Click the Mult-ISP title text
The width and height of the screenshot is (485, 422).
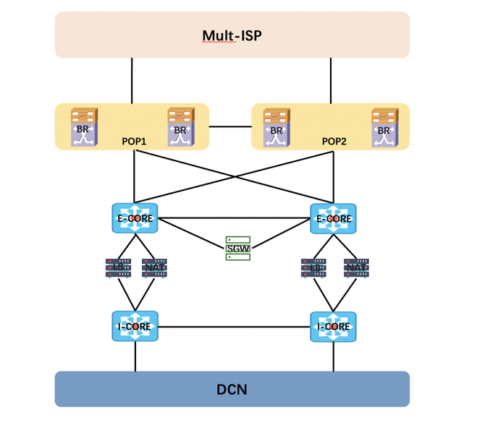pos(232,35)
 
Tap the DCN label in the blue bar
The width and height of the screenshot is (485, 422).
pos(232,389)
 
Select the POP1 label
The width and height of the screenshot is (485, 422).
pos(134,142)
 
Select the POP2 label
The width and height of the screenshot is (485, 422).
pos(334,142)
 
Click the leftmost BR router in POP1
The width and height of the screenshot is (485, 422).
pos(84,128)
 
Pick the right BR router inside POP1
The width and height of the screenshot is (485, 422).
pos(180,128)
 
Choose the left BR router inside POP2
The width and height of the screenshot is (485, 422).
pos(277,128)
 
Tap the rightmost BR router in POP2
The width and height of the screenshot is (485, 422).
pos(384,128)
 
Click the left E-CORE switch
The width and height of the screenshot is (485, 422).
pos(135,218)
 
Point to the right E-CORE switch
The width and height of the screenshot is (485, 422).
pos(333,218)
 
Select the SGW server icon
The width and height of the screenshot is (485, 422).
pos(237,248)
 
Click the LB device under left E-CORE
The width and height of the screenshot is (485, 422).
pos(117,268)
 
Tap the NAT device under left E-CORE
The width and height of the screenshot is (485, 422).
pos(154,268)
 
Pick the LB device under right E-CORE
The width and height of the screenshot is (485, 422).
pos(313,268)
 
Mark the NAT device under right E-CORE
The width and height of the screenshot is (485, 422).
pos(356,268)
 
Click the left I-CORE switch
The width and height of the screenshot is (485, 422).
pos(135,327)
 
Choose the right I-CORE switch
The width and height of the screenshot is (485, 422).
pos(333,327)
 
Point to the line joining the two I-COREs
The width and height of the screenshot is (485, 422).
pos(234,327)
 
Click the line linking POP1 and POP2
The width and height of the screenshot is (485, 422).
pos(230,126)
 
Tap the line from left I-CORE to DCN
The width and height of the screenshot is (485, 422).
pos(135,357)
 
